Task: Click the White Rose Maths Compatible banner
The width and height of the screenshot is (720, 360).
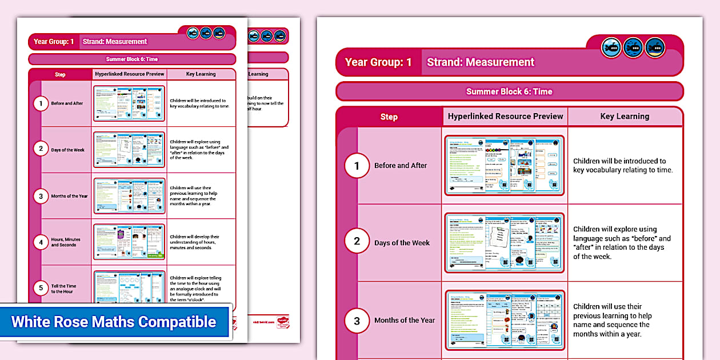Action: point(114,322)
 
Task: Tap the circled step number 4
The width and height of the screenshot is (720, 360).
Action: point(41,242)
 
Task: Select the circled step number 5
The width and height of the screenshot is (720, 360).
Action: point(41,288)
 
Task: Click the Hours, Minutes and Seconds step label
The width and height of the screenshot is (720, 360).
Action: point(66,242)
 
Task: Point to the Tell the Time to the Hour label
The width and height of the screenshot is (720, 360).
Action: point(63,289)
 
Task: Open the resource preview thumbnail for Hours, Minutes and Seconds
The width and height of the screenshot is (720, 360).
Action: point(129,242)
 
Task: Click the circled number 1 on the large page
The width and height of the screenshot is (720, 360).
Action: point(357,166)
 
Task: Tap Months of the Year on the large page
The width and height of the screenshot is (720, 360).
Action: point(405,320)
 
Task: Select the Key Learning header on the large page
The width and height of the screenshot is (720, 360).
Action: point(625,116)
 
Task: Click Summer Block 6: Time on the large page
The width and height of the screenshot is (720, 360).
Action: point(509,91)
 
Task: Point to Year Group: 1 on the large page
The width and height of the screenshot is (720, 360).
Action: point(378,62)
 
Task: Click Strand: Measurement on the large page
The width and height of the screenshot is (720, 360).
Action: point(481,62)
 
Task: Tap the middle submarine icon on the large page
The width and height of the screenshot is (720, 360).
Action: point(633,49)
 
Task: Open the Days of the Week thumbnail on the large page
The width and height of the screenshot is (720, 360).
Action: point(504,242)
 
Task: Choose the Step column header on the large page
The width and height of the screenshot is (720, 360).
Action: point(389,117)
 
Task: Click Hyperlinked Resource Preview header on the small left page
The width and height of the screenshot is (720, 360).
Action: point(130,74)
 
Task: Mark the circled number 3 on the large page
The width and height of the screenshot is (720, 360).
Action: point(357,320)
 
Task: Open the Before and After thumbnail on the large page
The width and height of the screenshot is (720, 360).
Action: point(504,165)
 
